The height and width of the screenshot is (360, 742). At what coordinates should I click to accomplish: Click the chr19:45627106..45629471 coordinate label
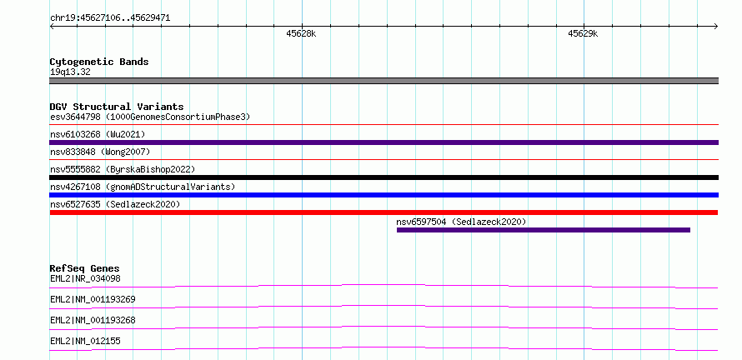click(110, 18)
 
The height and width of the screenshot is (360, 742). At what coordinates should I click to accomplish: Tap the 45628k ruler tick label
click(302, 33)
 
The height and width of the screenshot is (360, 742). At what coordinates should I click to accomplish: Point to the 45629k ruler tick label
click(583, 33)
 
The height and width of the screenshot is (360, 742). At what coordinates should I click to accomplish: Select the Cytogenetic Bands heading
click(99, 62)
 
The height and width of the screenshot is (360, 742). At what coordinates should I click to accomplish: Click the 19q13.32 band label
click(70, 72)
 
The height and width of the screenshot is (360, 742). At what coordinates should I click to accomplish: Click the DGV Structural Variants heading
click(117, 107)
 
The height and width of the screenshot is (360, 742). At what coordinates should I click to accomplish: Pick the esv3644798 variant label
click(150, 117)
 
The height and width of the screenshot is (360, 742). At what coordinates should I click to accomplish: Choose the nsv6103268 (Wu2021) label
click(98, 134)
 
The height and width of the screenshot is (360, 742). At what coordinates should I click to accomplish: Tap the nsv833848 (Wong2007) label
click(100, 152)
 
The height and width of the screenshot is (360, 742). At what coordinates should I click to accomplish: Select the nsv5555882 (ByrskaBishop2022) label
click(123, 169)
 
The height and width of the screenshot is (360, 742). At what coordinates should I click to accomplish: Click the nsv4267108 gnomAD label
click(143, 187)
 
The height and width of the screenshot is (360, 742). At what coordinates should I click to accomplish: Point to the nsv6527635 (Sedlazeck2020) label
click(115, 204)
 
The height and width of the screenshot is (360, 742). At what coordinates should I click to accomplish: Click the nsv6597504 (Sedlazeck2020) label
click(461, 222)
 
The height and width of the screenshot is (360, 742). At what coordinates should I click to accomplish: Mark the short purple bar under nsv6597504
click(544, 230)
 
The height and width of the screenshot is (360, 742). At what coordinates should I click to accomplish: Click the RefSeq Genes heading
click(84, 268)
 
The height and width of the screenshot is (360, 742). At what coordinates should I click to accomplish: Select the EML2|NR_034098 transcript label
click(85, 278)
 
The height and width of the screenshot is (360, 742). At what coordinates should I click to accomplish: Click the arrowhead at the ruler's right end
click(716, 27)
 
